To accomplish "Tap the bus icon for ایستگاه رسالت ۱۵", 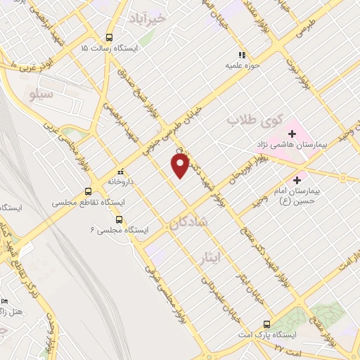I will click(108, 37).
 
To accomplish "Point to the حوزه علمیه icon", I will click(242, 55).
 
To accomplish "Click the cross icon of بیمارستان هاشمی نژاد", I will click(292, 134).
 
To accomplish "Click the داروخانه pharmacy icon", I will click(120, 171).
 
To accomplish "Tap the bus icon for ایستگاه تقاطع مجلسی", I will click(88, 191).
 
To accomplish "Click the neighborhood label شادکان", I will click(188, 224).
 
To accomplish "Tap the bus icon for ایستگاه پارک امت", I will click(266, 324).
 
